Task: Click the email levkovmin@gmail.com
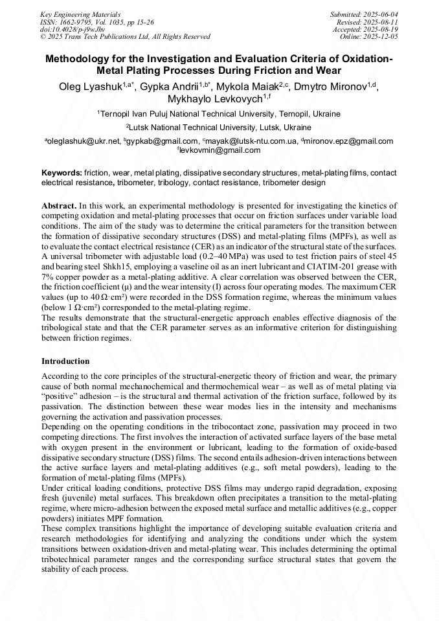click(x=220, y=150)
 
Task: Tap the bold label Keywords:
click(x=62, y=174)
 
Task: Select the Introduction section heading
click(x=65, y=361)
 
